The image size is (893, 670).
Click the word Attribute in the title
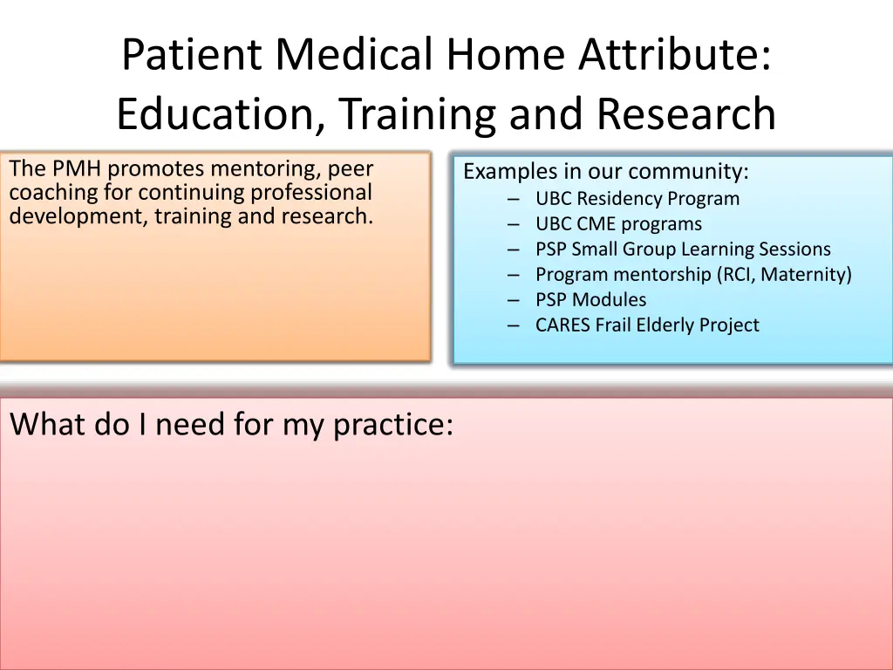click(675, 54)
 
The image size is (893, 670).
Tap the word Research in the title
click(686, 113)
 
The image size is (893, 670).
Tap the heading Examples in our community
click(605, 172)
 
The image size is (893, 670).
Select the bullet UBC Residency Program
click(637, 199)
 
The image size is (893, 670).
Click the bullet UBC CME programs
click(618, 224)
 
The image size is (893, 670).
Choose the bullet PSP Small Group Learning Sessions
click(683, 249)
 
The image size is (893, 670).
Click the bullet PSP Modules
click(590, 300)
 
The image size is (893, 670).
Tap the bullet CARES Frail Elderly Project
click(647, 325)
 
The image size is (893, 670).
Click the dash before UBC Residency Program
click(514, 200)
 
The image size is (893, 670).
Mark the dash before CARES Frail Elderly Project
click(514, 325)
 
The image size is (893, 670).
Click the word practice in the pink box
click(392, 426)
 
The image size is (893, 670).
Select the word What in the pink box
click(48, 425)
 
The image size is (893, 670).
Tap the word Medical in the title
click(354, 54)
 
